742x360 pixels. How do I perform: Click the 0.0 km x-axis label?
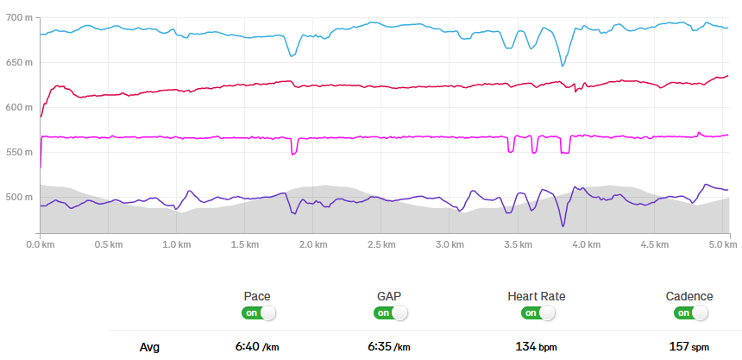click(41, 245)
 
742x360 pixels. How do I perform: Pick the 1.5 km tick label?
click(245, 245)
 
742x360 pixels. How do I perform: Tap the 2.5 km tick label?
click(381, 245)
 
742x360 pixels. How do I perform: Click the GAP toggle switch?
click(390, 313)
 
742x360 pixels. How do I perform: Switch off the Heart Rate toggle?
click(537, 313)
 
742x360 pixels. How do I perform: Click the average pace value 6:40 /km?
click(256, 347)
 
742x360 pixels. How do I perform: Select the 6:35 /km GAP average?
click(390, 347)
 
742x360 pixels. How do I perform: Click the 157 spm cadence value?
click(689, 347)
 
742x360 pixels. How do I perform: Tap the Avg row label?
click(149, 347)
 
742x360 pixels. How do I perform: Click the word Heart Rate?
click(537, 296)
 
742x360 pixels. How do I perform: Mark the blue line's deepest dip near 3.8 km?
click(563, 66)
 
